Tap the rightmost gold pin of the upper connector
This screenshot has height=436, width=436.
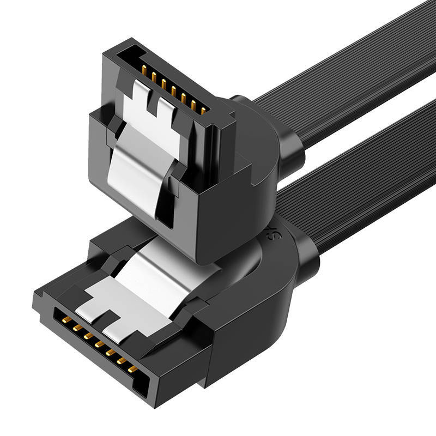(203, 111)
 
